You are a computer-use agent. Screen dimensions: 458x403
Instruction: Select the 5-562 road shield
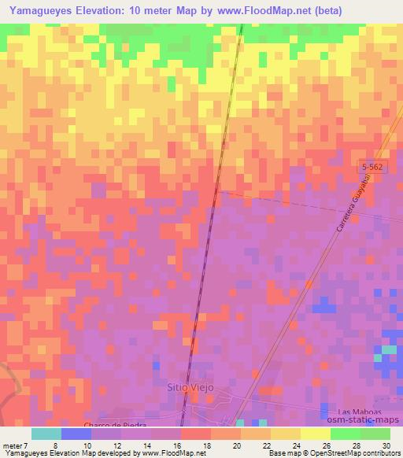[x=375, y=168]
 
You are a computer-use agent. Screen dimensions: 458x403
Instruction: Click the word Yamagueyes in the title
[x=46, y=9]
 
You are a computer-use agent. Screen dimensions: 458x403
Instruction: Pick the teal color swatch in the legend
[x=46, y=434]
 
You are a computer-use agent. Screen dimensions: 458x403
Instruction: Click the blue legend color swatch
[x=76, y=434]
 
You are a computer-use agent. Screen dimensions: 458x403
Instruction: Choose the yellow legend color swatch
[x=315, y=434]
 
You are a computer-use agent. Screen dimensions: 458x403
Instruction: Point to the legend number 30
[x=386, y=445]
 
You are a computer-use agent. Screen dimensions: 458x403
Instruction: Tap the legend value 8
[x=55, y=445]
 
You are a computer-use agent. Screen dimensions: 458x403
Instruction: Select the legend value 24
[x=295, y=445]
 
